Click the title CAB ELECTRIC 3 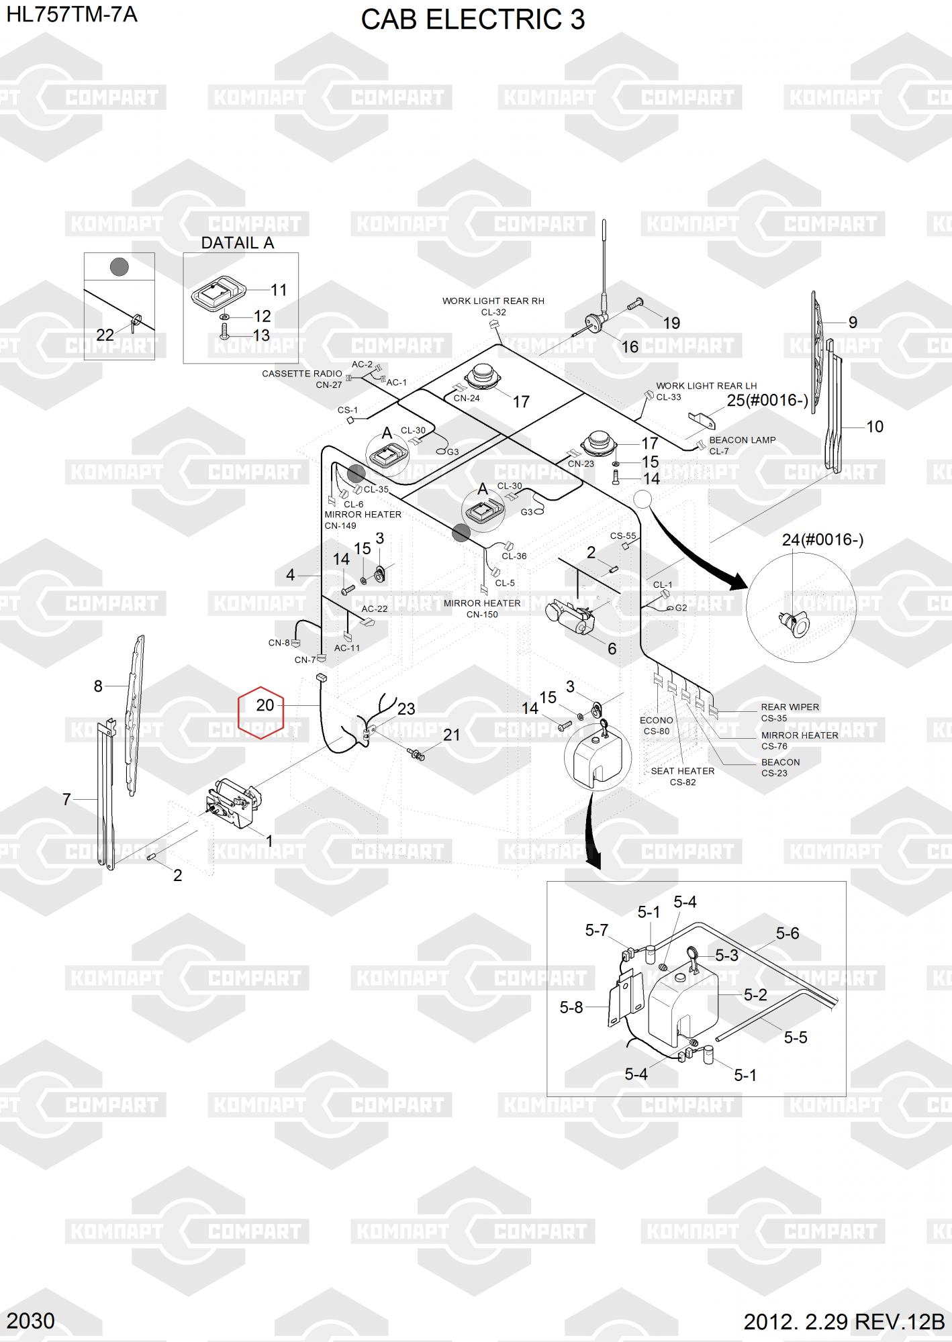tap(473, 20)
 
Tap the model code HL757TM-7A tap(72, 14)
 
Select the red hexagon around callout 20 tap(261, 712)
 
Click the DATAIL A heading tap(238, 243)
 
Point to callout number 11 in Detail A tap(279, 290)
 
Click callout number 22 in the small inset tap(105, 335)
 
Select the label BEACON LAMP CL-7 tap(742, 446)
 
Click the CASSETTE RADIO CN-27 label tap(302, 379)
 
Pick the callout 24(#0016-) tap(822, 539)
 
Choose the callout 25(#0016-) tap(767, 401)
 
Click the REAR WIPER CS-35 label tap(790, 712)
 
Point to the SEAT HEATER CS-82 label tap(682, 776)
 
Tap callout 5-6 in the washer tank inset tap(788, 933)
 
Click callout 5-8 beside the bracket tap(571, 1007)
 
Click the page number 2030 tap(31, 1321)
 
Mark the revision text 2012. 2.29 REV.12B tap(844, 1321)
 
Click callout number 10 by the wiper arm tap(875, 427)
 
